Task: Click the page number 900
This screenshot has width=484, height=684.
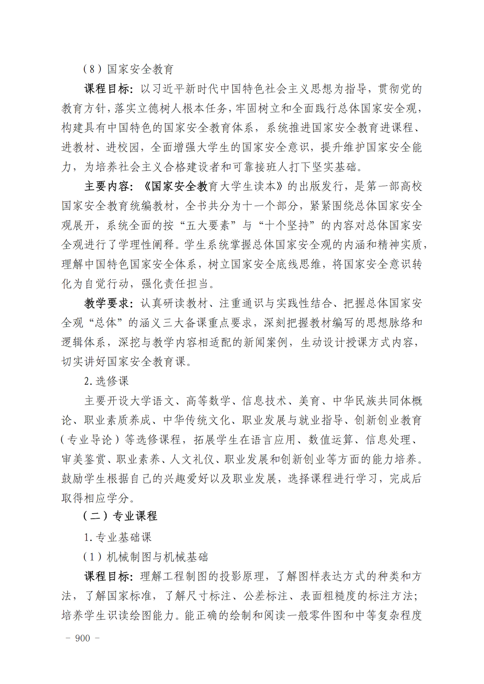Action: (83, 638)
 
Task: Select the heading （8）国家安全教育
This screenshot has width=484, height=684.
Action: (128, 69)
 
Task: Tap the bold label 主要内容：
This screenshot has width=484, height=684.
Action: (109, 186)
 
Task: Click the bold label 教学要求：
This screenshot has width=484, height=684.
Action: (109, 303)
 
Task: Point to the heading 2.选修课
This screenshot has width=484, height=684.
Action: (106, 381)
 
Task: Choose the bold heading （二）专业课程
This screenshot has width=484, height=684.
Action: (120, 516)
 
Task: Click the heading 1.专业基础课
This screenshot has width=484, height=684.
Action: (118, 537)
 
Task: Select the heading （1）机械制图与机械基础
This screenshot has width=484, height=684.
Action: (145, 557)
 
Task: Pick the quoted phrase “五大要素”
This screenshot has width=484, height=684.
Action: (209, 225)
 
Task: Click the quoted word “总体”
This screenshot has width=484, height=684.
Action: (106, 323)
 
